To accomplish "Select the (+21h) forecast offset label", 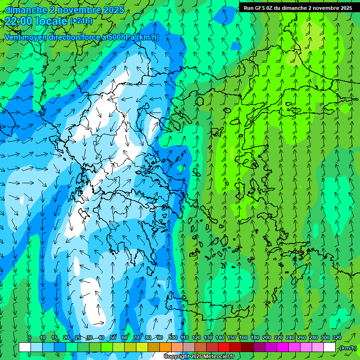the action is coord(81,21).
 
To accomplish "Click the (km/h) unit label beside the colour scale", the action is coord(348,348).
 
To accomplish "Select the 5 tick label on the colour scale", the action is coord(30,338).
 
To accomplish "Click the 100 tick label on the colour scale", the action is coord(172,338).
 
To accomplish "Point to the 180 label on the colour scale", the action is coord(255,338).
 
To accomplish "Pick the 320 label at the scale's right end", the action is coord(337,338).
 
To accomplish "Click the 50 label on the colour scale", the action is coord(113,338).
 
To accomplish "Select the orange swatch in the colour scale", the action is coord(165,347).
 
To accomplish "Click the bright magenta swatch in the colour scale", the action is coord(283,347).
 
